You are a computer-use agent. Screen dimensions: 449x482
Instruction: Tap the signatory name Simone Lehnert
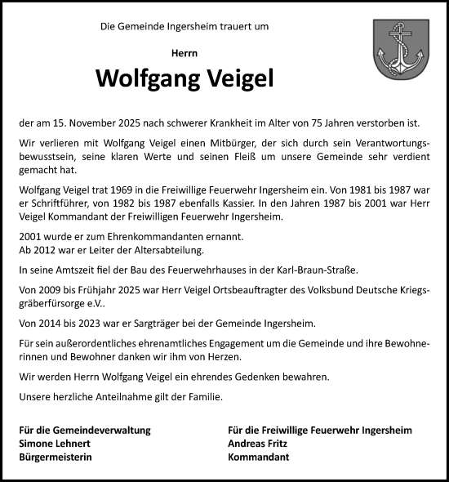click(x=54, y=444)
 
